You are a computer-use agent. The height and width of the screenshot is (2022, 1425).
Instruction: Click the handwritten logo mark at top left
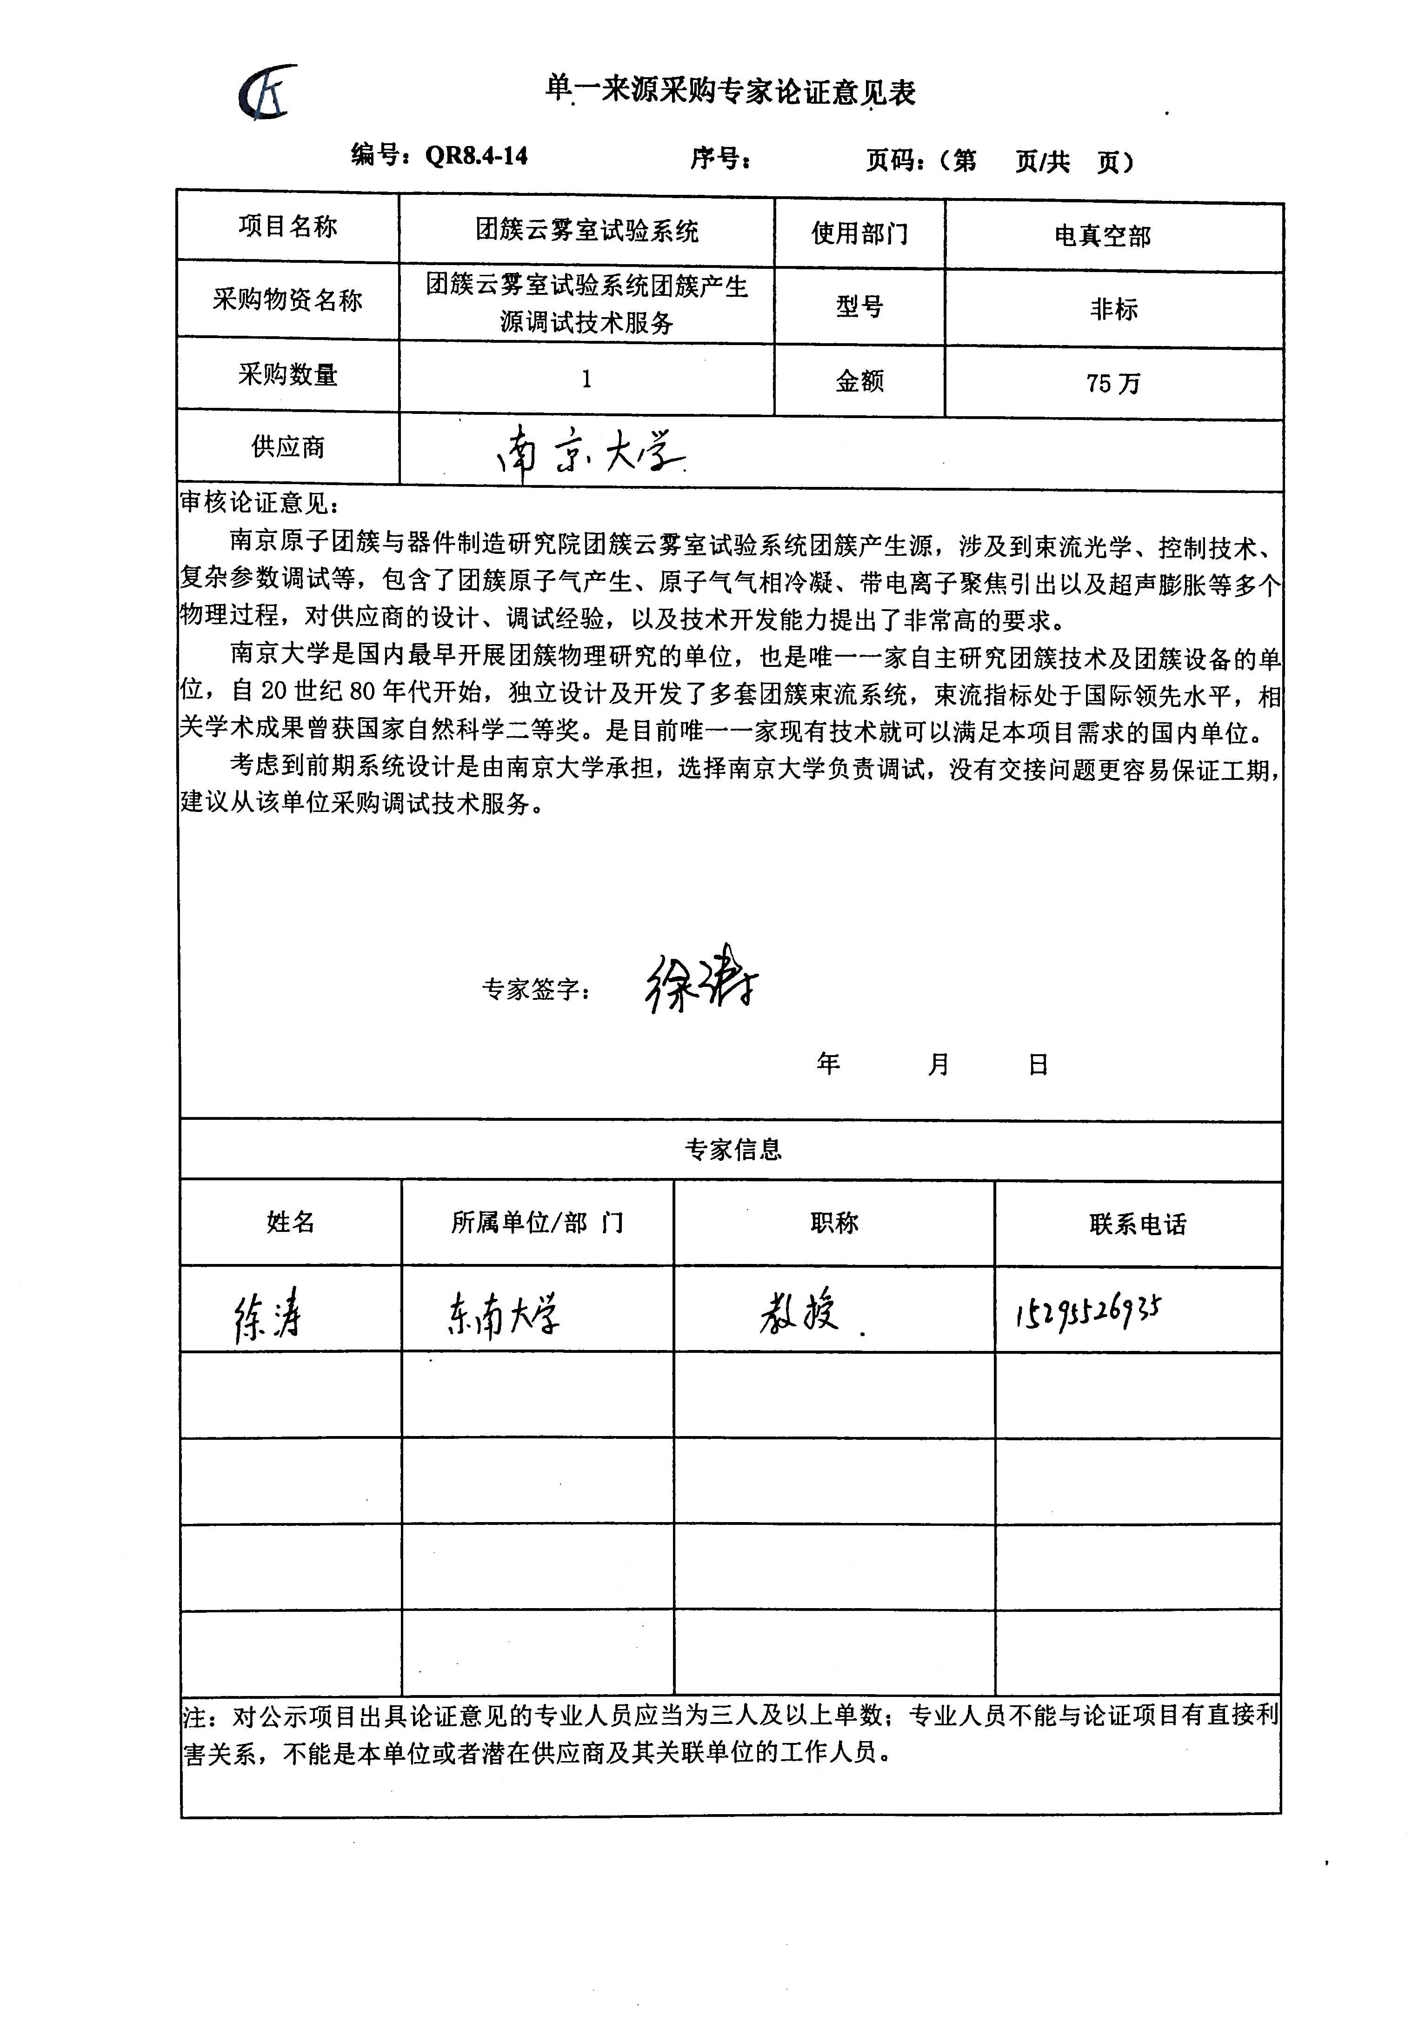(267, 93)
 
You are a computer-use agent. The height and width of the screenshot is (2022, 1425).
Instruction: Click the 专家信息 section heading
(733, 1149)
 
